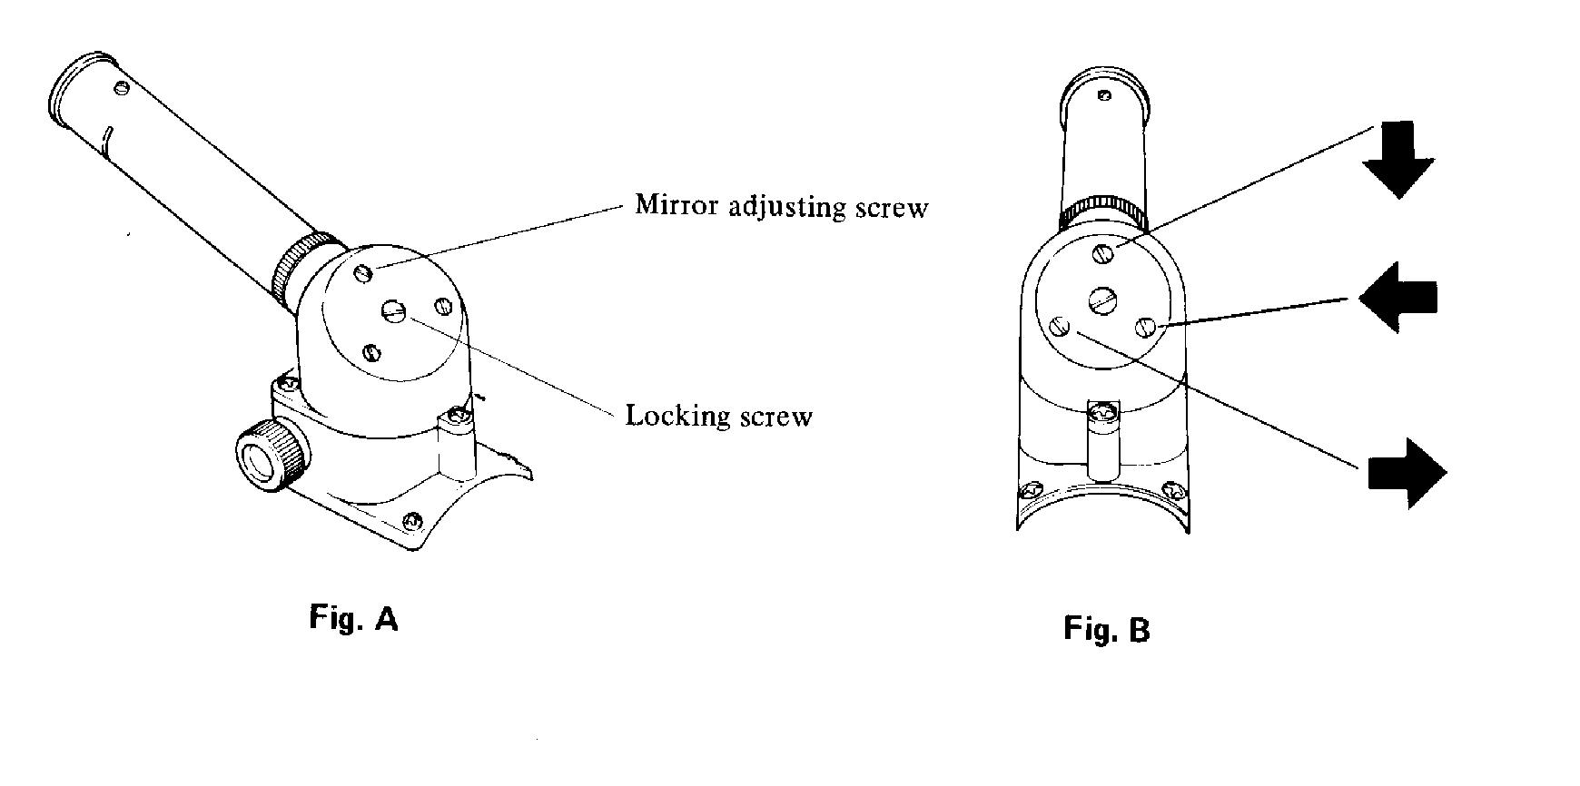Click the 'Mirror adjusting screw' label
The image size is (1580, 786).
(x=782, y=206)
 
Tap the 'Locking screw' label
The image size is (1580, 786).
(x=719, y=416)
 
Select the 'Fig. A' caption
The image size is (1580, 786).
(x=354, y=618)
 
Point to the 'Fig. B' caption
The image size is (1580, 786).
(x=1107, y=629)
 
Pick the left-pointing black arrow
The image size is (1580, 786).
(x=1397, y=297)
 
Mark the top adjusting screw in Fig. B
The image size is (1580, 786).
(x=1103, y=253)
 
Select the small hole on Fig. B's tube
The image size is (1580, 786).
(x=1104, y=95)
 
